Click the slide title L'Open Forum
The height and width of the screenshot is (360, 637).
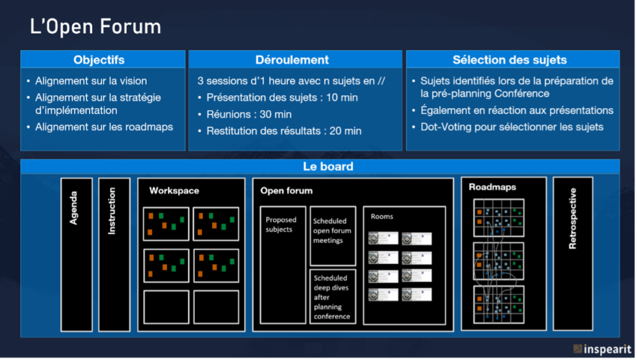[96, 27]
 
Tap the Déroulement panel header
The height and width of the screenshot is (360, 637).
[292, 60]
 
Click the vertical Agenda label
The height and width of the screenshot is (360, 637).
[75, 207]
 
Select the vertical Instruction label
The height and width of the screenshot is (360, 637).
[113, 211]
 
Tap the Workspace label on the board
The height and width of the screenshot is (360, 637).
[174, 191]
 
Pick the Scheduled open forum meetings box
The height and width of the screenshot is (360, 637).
[332, 231]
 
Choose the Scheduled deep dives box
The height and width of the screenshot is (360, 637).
[332, 297]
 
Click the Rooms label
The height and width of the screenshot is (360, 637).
[381, 216]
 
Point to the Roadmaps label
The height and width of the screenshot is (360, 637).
[492, 187]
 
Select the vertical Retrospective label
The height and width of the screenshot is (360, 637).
[573, 218]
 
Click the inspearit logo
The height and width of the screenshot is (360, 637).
[602, 349]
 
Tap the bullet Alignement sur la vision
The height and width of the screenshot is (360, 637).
[91, 81]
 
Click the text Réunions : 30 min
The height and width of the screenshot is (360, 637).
[249, 114]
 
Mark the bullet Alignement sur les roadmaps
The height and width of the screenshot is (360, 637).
[104, 127]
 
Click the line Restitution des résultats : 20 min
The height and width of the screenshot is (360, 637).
[284, 131]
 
